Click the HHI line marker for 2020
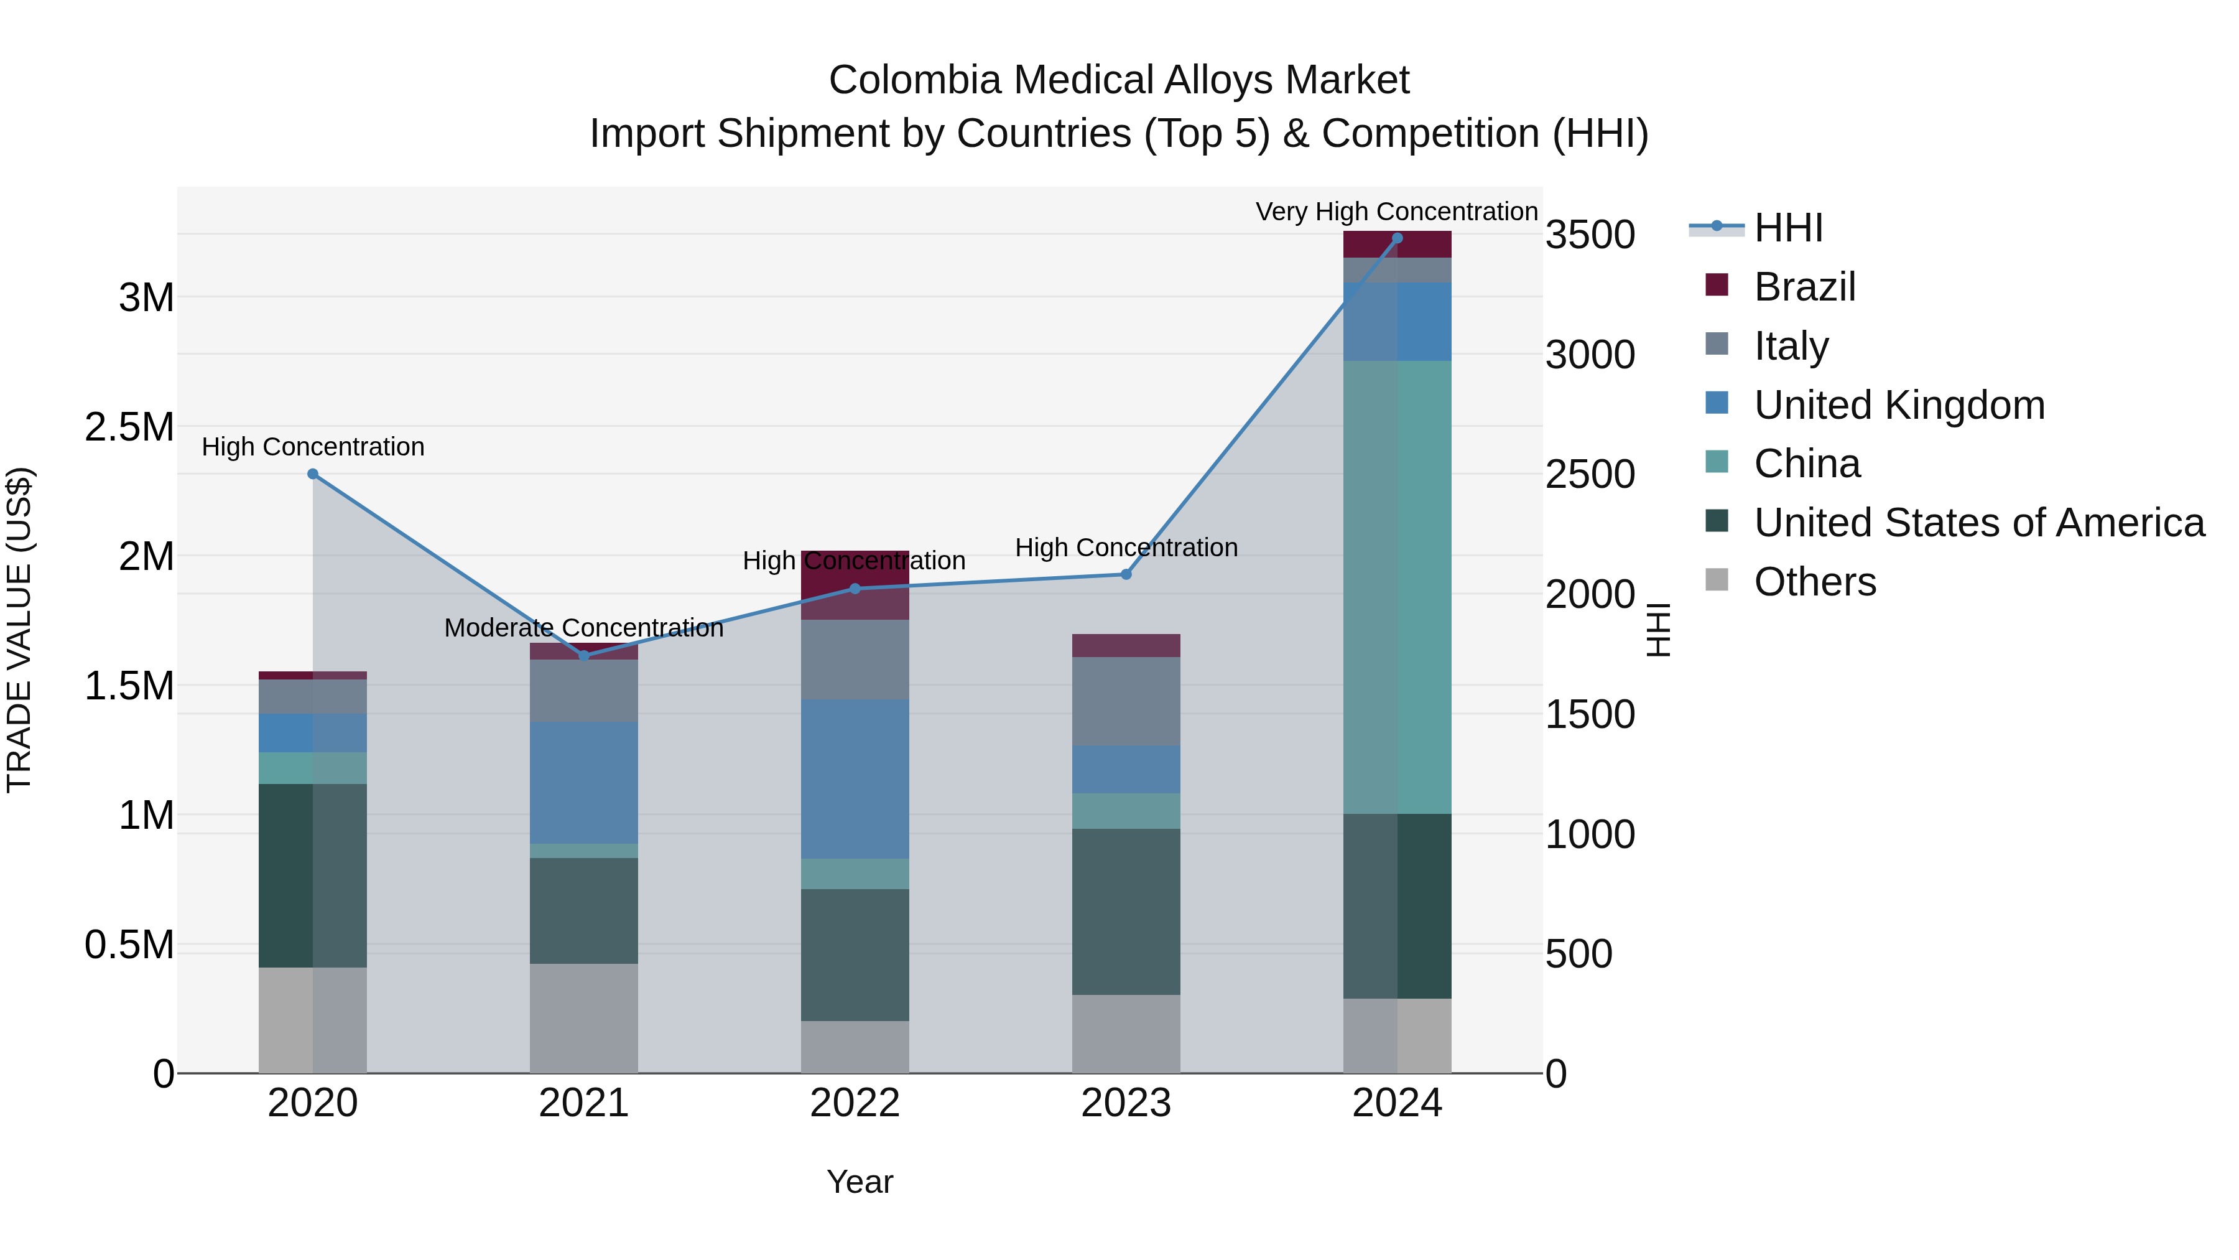pos(313,474)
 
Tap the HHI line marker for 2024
pos(1398,238)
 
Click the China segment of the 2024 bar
pos(1398,587)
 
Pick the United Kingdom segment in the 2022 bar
pos(855,778)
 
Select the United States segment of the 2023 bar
pos(1126,912)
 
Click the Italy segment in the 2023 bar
pos(1126,701)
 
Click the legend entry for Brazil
pos(1804,287)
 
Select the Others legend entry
pos(1814,582)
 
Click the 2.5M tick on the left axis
pos(129,427)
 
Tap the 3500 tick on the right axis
pos(1590,235)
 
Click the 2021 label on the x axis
pos(584,1103)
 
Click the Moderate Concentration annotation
pos(584,628)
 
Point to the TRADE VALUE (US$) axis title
pos(20,630)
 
